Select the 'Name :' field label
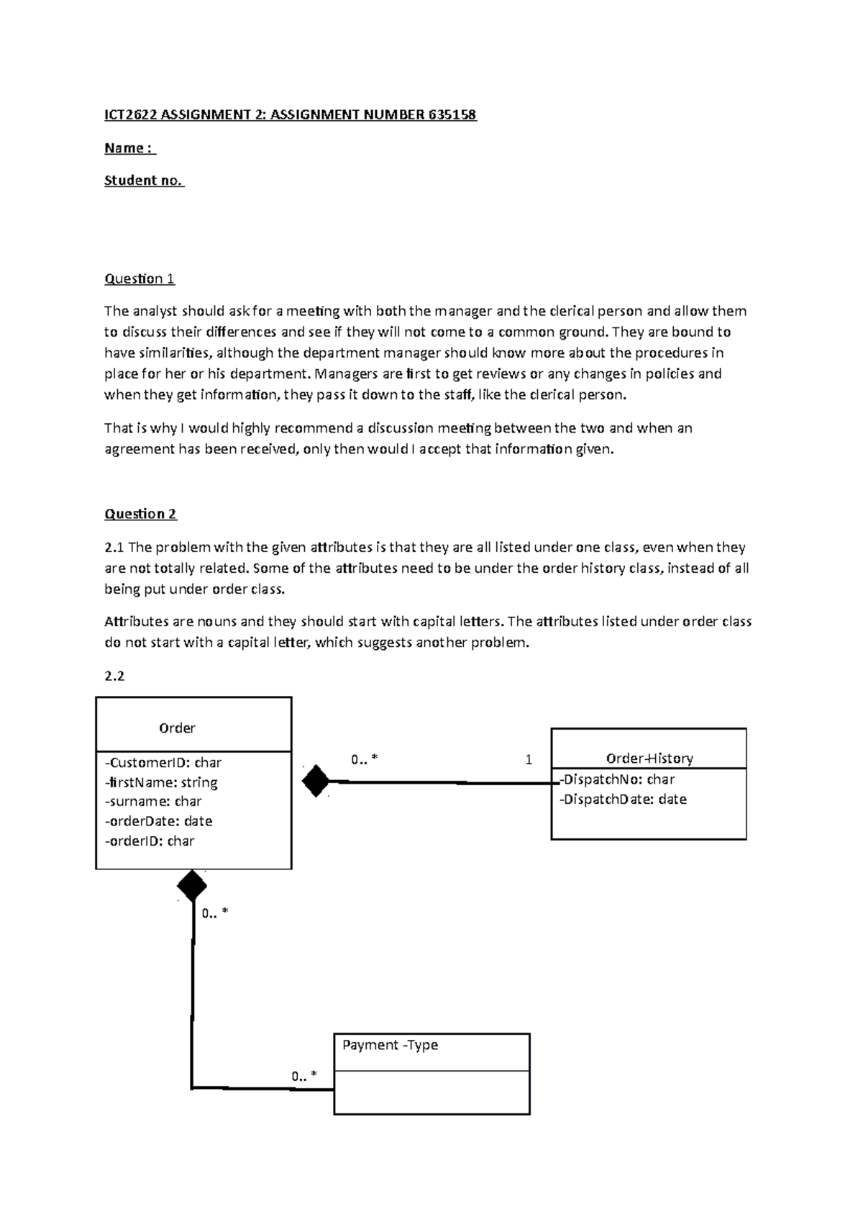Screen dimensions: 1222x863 point(129,148)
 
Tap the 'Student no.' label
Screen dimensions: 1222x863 point(144,181)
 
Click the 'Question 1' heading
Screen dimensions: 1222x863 point(140,279)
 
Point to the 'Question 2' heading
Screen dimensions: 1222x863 point(140,514)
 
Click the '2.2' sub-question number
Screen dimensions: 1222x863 point(114,676)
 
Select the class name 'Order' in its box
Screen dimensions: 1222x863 point(177,728)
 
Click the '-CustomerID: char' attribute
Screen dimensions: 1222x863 point(163,762)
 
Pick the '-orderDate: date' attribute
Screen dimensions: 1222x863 point(159,821)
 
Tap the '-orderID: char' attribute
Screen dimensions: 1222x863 point(150,841)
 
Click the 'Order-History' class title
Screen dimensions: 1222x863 point(649,758)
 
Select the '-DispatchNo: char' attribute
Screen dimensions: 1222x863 point(618,779)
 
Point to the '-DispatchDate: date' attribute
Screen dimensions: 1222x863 point(624,799)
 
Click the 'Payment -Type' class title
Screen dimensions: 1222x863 point(391,1044)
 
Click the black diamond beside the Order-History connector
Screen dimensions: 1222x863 point(316,781)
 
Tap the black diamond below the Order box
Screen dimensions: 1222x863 point(192,886)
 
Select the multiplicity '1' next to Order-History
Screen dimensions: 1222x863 point(529,759)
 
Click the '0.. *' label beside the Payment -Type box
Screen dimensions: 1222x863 point(303,1076)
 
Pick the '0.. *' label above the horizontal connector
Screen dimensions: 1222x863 point(364,759)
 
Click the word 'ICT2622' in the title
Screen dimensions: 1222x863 point(130,114)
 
